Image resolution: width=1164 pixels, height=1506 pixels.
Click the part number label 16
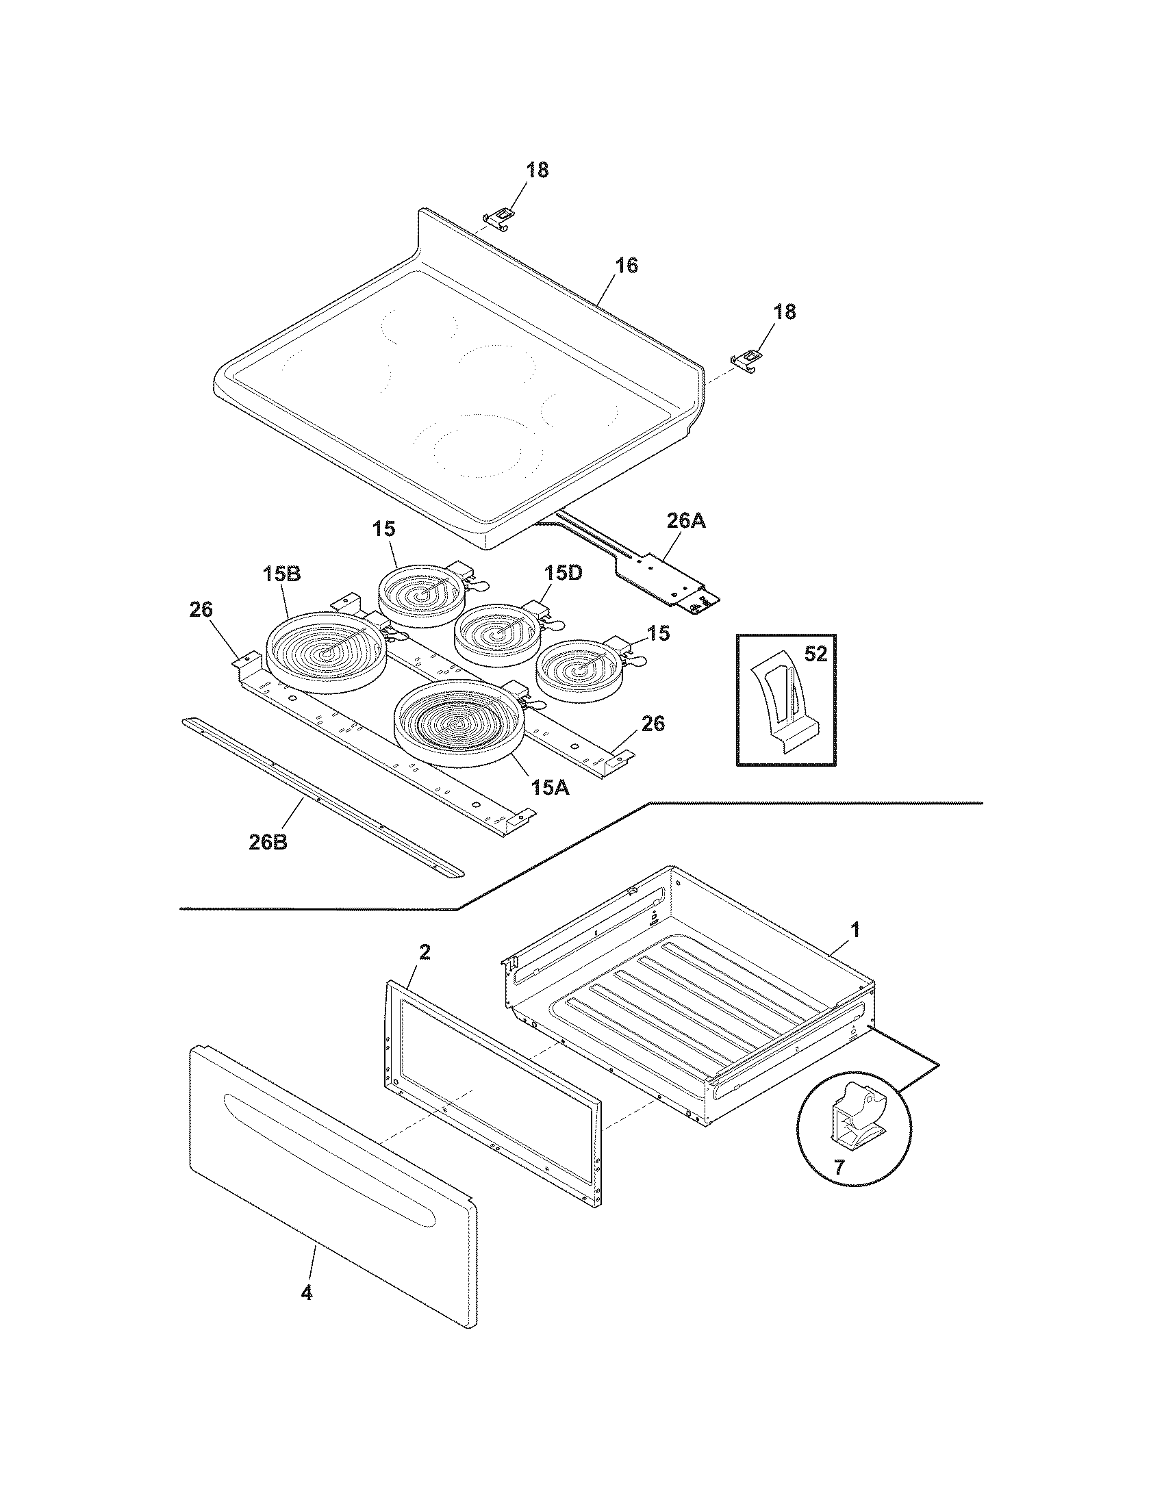click(626, 266)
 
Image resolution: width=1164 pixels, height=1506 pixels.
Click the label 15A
click(550, 787)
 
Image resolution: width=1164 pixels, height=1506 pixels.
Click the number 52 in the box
click(815, 654)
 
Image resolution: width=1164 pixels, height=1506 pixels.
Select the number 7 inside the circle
click(839, 1167)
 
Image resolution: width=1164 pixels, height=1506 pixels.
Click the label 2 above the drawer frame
click(425, 952)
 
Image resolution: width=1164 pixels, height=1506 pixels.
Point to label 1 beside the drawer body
click(855, 930)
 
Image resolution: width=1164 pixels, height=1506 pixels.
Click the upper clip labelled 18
click(500, 218)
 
